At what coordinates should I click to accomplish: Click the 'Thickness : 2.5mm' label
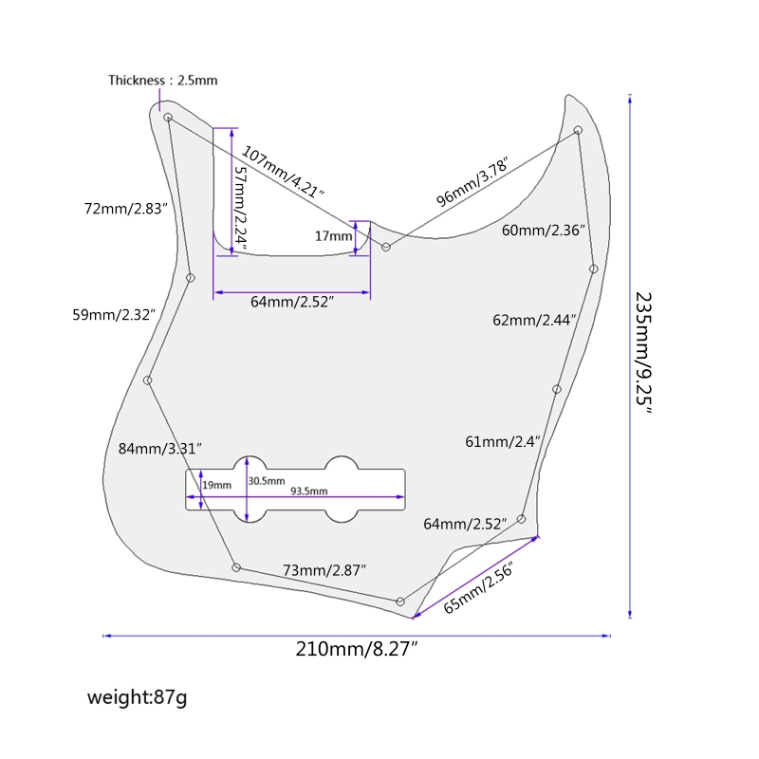pos(162,81)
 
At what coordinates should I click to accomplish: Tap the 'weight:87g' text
pos(138,698)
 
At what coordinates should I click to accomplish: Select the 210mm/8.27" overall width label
pos(357,650)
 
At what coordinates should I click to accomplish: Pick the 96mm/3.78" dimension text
pos(472,182)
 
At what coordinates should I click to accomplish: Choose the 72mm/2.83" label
pos(126,208)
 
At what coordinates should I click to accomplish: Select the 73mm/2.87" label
pos(324,569)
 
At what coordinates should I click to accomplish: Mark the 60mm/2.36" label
pos(544,231)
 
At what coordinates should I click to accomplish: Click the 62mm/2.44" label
pos(535,320)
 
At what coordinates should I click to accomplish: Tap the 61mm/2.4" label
pos(503,441)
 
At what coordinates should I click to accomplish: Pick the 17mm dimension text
pos(333,236)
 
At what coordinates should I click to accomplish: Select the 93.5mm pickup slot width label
pos(308,491)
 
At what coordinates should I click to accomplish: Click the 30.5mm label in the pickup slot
pos(266,481)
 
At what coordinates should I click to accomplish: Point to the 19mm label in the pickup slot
pos(217,485)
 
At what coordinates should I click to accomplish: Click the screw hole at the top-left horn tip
pos(168,117)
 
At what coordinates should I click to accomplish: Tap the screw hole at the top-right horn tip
pos(578,130)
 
